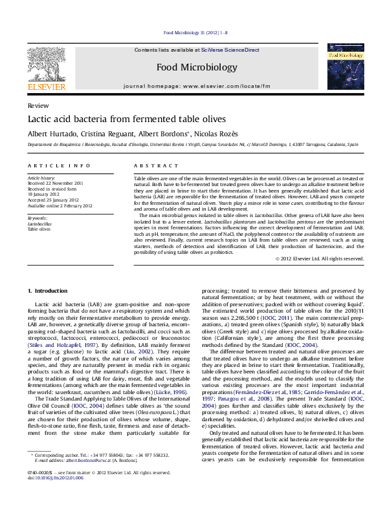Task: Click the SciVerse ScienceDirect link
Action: coord(230,50)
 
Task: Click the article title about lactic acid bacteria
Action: coord(126,120)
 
